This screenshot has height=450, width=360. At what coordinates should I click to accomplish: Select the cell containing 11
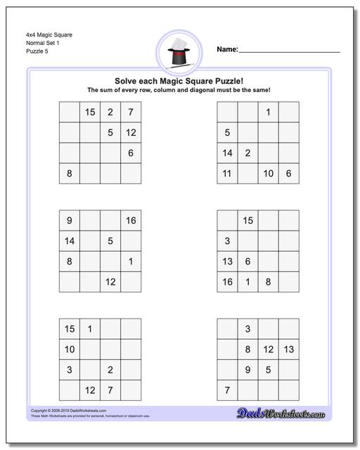click(227, 173)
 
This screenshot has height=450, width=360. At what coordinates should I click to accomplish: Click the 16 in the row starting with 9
click(131, 221)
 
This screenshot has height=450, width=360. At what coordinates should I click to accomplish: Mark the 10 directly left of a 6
click(268, 173)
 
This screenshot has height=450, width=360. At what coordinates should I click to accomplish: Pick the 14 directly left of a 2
click(227, 153)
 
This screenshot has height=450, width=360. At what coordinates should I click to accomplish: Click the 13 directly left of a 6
click(227, 262)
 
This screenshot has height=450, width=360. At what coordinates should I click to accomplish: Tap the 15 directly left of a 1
click(70, 329)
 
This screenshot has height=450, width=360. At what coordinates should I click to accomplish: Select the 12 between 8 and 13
click(268, 349)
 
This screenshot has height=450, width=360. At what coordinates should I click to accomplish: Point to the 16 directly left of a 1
click(227, 282)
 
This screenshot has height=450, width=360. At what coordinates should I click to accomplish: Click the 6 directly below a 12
click(131, 153)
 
